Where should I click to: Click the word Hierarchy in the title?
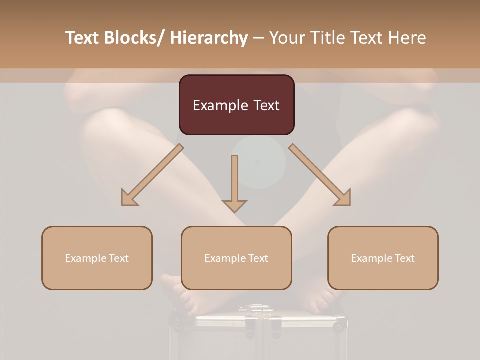click(209, 38)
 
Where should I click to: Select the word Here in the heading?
click(407, 38)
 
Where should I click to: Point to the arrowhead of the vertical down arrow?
click(234, 205)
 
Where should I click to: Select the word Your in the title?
click(287, 38)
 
